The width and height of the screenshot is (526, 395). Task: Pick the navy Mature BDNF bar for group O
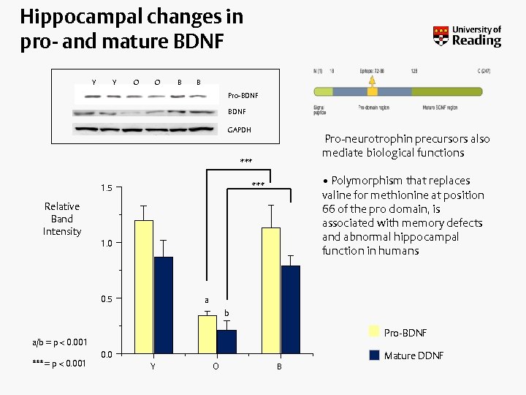coord(226,342)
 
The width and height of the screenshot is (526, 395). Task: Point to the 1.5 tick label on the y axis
coord(107,189)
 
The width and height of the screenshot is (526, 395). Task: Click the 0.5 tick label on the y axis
coord(107,298)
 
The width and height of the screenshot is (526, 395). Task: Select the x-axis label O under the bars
coord(216,366)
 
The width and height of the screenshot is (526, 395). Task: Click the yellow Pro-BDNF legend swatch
coord(374,332)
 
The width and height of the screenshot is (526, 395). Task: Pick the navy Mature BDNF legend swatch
coord(374,355)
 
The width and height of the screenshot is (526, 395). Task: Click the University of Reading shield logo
coord(441,36)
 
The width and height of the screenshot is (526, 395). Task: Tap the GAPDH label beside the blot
coord(239,129)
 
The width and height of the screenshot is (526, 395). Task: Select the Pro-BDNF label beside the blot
coord(243,95)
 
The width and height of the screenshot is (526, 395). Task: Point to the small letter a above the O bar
coord(207,300)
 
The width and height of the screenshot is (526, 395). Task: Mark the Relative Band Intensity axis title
coord(62,219)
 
